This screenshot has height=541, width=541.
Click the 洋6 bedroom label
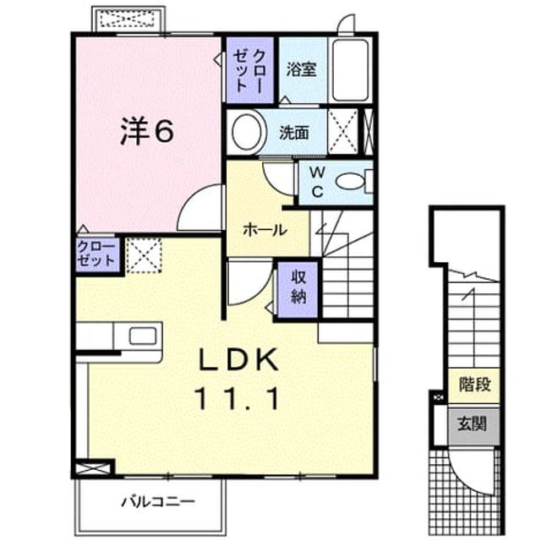coord(146,132)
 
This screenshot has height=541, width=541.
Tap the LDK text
coord(238,358)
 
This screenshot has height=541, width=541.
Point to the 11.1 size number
coord(237,398)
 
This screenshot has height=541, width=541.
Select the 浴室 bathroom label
coord(301,69)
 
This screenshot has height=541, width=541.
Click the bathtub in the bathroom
coord(350,70)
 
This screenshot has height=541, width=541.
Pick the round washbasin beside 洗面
coord(247,132)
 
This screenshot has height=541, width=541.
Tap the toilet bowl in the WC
coord(350,182)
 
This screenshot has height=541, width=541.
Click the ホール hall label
coord(265,229)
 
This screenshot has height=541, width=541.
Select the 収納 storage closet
coord(298,289)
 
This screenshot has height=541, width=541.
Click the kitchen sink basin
coord(143,336)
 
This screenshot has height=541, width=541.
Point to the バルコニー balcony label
coord(158,501)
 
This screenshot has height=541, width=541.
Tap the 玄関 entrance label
coord(472,424)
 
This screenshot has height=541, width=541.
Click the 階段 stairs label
coord(475,384)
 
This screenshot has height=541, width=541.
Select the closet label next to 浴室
coord(249,70)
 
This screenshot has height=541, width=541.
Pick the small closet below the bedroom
coord(98,254)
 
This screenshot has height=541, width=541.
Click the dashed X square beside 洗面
coord(343,132)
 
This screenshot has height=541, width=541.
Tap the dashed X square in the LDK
coord(144,255)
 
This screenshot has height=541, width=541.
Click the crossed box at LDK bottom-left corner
coord(92,468)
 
